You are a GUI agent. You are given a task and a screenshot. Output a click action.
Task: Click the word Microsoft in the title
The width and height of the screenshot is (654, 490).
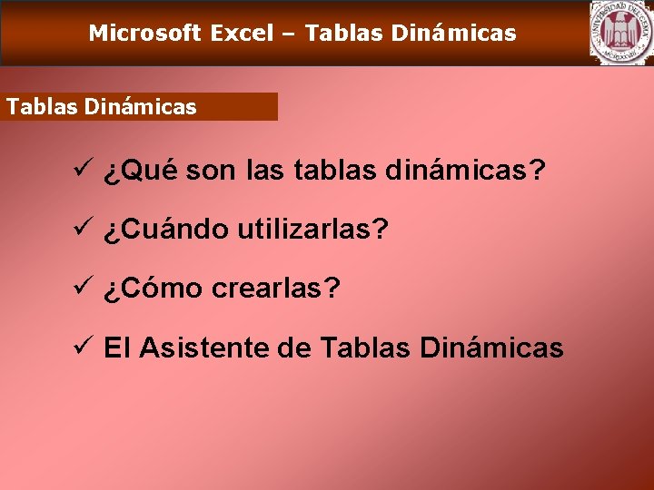point(144,34)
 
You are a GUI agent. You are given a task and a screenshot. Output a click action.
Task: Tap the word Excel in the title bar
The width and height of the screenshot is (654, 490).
point(242,34)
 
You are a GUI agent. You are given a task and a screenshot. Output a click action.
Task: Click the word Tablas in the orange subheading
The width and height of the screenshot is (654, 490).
point(42,107)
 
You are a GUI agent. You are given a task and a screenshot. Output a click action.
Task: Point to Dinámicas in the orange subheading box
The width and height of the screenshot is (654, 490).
point(140,107)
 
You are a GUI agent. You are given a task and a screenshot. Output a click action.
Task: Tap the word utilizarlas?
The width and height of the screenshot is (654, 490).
point(313,230)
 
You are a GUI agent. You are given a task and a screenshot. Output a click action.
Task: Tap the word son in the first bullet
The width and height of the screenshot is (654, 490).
point(213,171)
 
